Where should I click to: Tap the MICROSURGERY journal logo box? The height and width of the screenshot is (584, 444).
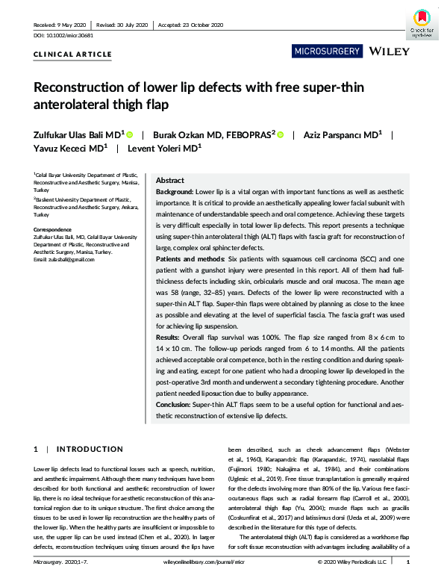(x=328, y=52)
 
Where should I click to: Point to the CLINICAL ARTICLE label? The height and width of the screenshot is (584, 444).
(x=73, y=55)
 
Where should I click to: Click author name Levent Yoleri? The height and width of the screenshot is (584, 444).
(x=166, y=149)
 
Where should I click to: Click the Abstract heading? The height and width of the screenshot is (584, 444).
(x=170, y=181)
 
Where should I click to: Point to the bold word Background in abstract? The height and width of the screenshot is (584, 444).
(x=175, y=192)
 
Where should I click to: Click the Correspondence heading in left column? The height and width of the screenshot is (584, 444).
(x=53, y=229)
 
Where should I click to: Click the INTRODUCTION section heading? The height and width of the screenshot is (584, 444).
(x=84, y=450)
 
